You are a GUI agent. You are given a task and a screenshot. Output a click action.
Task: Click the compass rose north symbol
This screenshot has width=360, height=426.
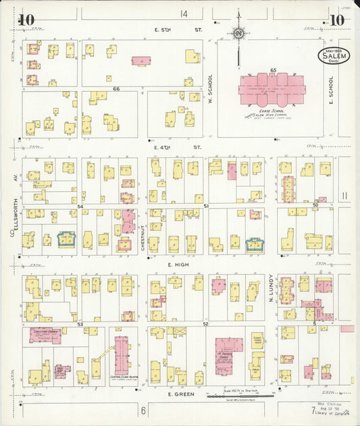(x=238, y=33)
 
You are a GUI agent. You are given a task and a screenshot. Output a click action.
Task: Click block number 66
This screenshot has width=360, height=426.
(x=116, y=88)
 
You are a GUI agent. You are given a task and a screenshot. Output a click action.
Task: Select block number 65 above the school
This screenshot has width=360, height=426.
(x=273, y=70)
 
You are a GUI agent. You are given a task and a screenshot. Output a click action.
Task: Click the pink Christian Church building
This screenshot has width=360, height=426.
(x=45, y=335)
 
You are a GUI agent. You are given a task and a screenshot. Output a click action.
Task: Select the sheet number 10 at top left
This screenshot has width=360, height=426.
(x=26, y=20)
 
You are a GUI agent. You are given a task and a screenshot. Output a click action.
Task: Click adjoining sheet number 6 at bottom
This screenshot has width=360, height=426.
(x=143, y=410)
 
